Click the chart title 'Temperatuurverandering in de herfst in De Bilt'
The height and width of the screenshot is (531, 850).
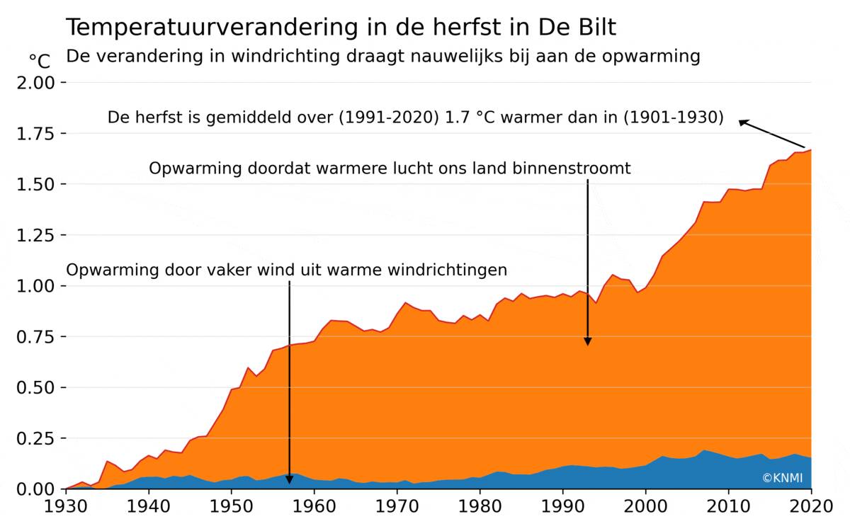(x=341, y=28)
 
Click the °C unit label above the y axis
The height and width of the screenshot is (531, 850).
(x=40, y=62)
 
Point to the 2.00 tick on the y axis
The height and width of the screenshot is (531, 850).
(x=35, y=83)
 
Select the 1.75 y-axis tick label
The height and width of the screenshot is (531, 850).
(x=35, y=134)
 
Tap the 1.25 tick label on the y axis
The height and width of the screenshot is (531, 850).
(x=35, y=235)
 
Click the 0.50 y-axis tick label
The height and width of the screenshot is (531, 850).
(x=35, y=388)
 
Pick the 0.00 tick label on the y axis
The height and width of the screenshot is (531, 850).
(x=35, y=489)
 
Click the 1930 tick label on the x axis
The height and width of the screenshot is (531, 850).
(x=66, y=508)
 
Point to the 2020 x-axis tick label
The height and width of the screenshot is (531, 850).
(x=811, y=508)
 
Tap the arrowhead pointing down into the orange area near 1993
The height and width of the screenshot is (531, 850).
(x=587, y=341)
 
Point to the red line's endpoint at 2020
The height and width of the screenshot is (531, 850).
(x=811, y=149)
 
